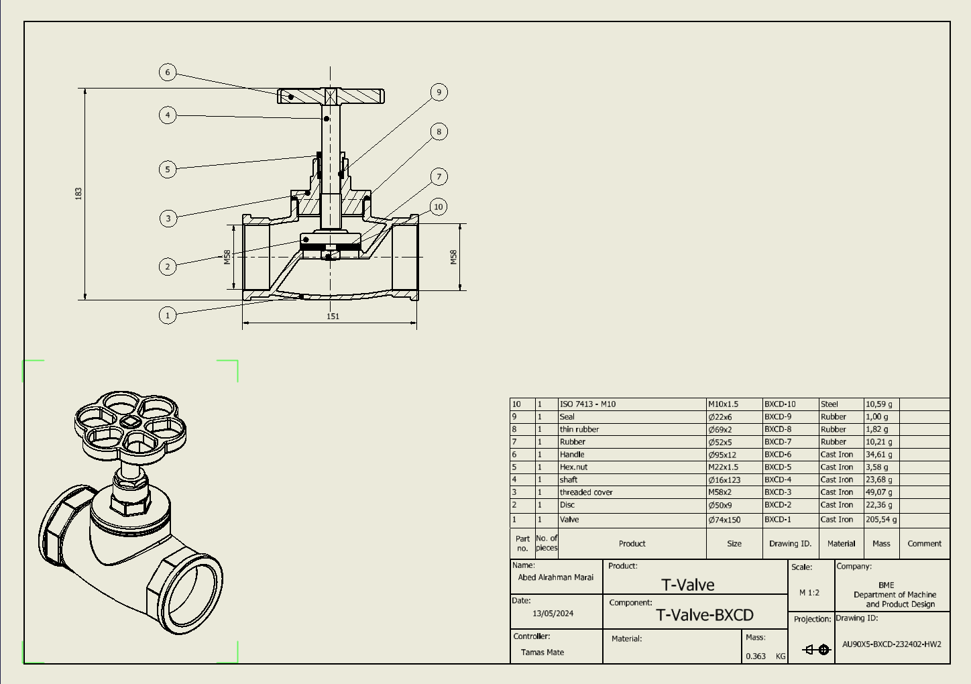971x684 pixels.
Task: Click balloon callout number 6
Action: [x=168, y=72]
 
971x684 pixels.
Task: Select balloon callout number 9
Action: [x=439, y=93]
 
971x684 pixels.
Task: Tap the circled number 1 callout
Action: [x=168, y=315]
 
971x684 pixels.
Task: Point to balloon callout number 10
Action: [x=438, y=207]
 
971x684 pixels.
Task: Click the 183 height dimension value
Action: [x=78, y=193]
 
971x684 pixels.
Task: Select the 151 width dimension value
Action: [x=333, y=317]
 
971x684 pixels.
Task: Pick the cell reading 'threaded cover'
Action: [x=586, y=492]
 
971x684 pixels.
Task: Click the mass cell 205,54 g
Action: [x=880, y=520]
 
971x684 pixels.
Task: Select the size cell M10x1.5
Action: [x=723, y=404]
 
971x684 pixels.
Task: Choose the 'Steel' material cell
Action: [x=830, y=404]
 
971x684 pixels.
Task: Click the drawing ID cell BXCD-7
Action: [x=778, y=442]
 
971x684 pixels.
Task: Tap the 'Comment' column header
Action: [x=924, y=544]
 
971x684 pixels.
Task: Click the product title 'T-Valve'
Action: [x=688, y=585]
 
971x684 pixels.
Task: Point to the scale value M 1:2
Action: [x=809, y=593]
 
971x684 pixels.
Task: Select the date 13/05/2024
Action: [x=553, y=614]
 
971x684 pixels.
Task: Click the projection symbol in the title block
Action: [x=817, y=649]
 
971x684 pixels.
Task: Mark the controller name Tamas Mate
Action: [x=542, y=652]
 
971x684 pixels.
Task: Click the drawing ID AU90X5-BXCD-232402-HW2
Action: [x=891, y=644]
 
